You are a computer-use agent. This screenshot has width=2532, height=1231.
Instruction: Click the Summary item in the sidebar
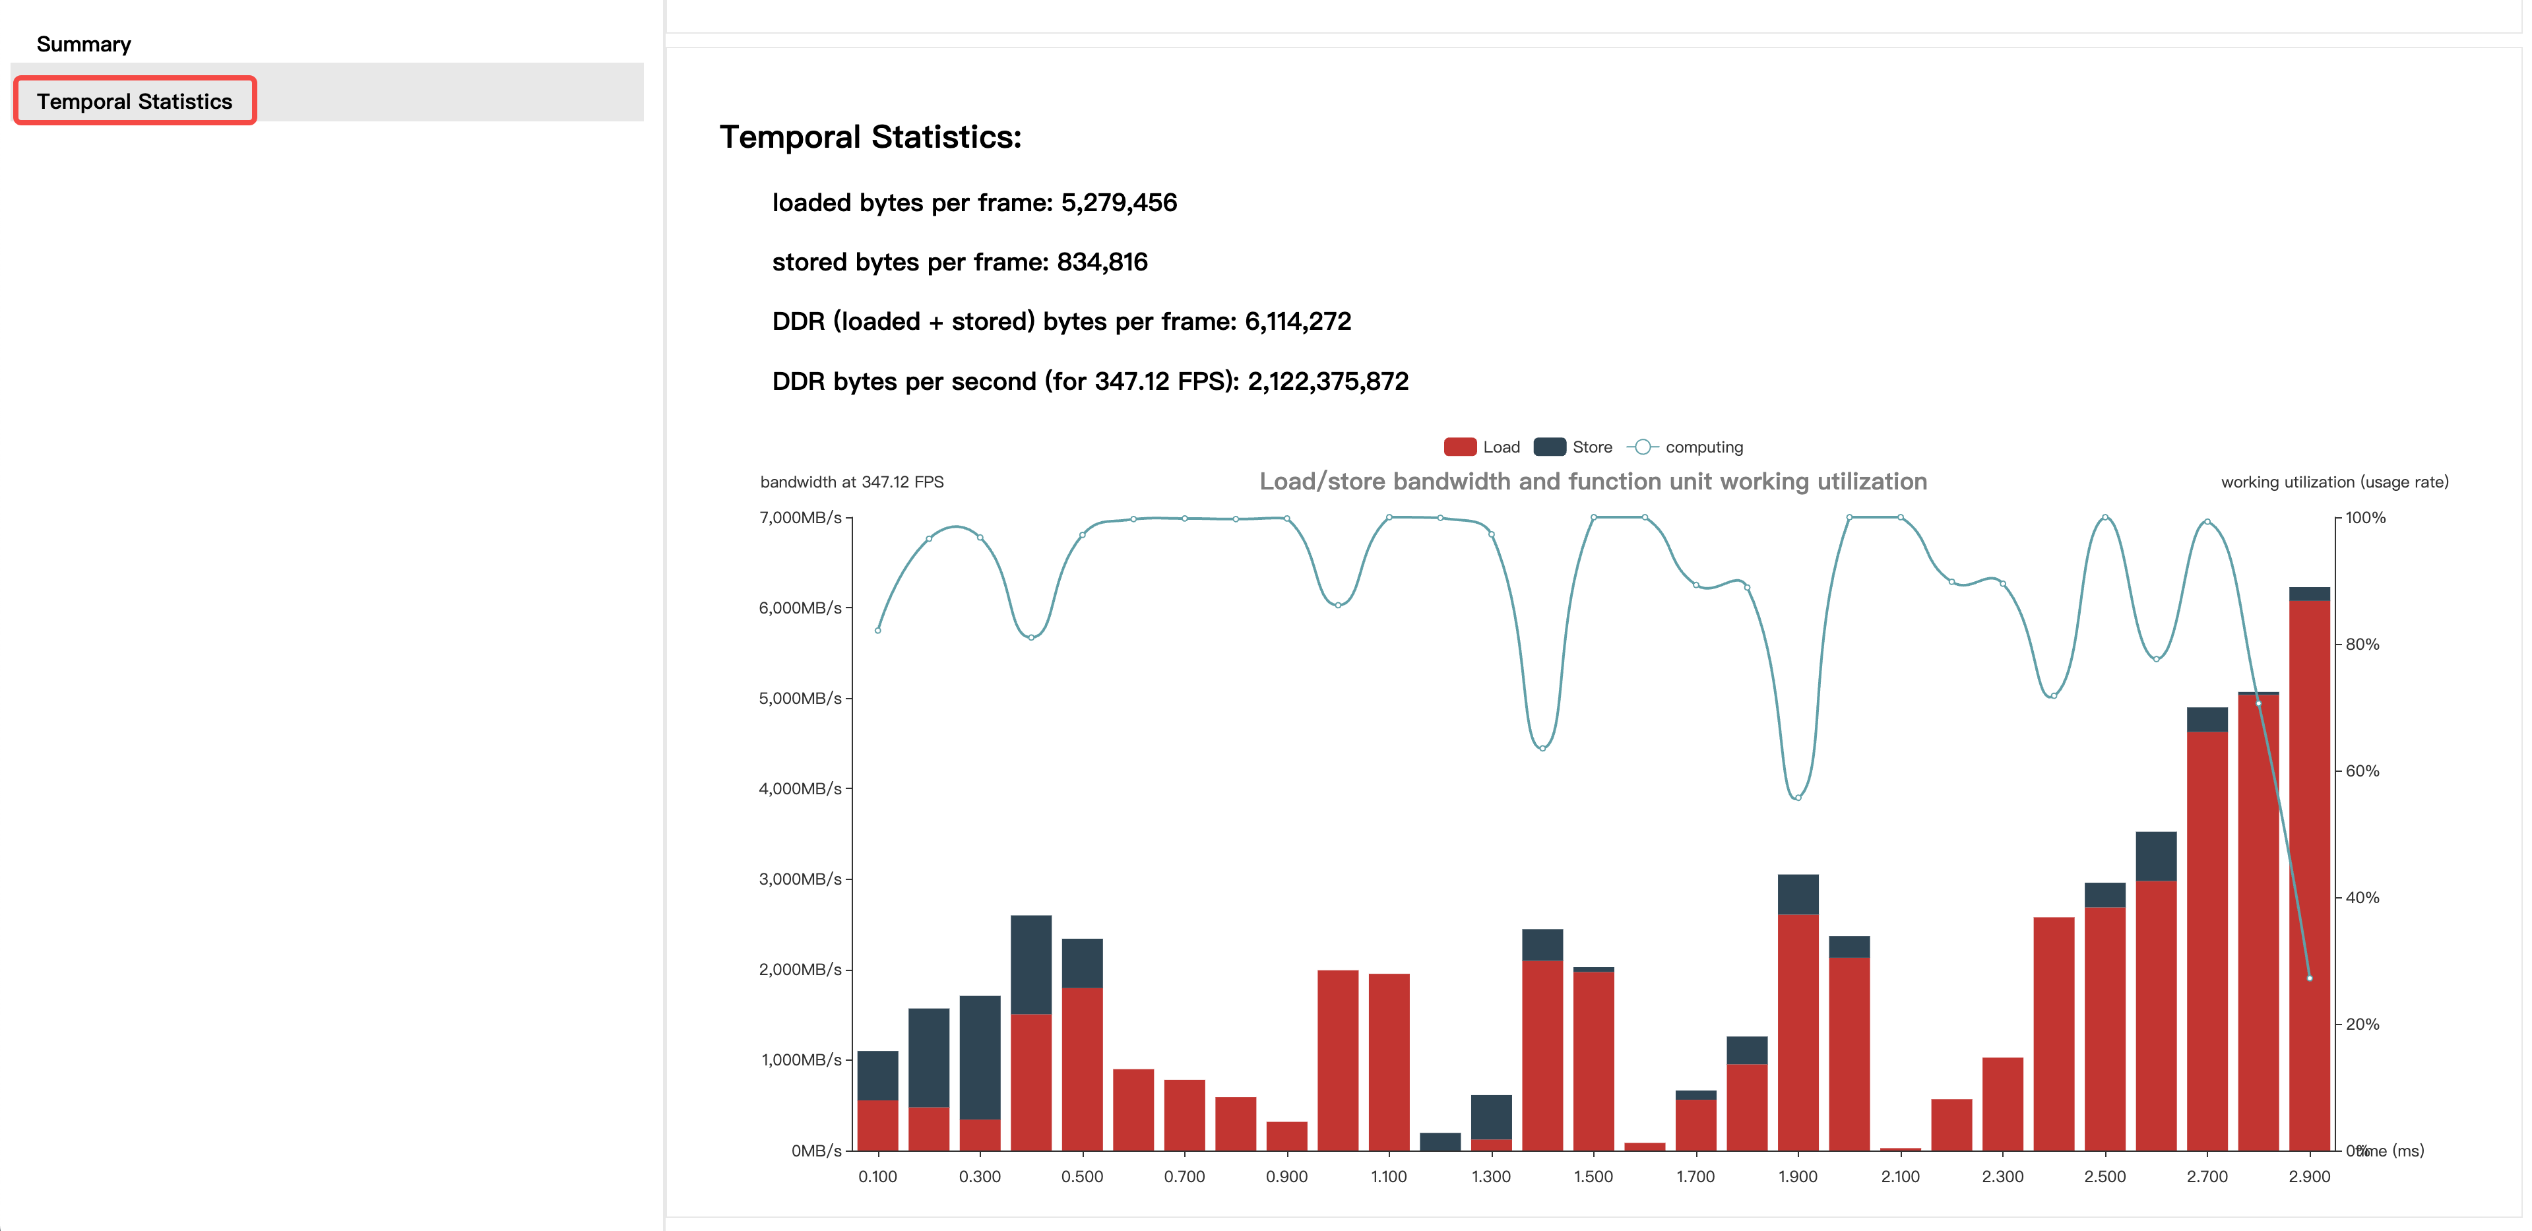tap(84, 44)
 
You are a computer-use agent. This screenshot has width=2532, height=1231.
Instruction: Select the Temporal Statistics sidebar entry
tap(135, 102)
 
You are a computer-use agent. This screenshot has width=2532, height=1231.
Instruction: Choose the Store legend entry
tap(1573, 447)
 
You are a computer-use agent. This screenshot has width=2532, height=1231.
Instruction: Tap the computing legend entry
tap(1685, 447)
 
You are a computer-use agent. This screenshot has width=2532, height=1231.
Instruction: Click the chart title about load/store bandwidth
tap(1593, 482)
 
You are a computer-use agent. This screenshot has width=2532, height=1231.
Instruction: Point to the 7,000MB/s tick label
tap(800, 518)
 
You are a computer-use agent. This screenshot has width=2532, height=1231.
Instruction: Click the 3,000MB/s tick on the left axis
tap(800, 879)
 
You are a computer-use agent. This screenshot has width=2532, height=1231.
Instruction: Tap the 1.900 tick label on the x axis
tap(1798, 1177)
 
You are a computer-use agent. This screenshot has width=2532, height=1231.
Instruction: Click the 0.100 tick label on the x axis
tap(877, 1177)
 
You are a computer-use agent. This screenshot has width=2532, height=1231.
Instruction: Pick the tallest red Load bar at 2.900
tap(2309, 875)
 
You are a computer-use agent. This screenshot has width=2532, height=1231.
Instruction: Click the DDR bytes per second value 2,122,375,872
tap(1328, 381)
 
